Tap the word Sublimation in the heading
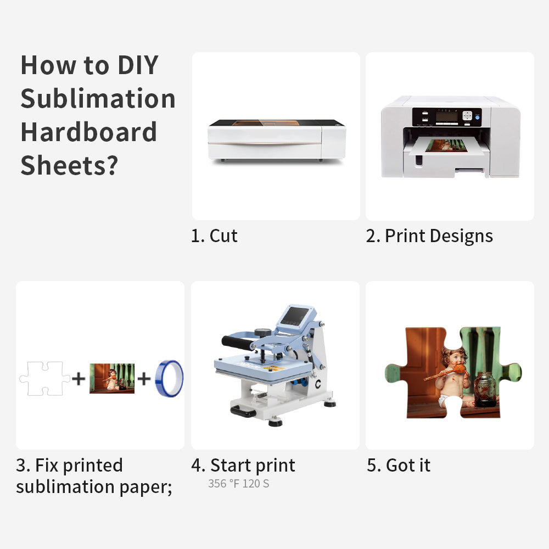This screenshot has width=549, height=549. [98, 99]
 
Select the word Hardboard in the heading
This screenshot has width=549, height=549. [88, 132]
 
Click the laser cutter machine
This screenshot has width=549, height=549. [276, 140]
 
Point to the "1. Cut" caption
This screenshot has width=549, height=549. [214, 236]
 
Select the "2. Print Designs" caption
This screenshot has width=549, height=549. [429, 236]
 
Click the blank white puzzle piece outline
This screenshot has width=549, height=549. [44, 378]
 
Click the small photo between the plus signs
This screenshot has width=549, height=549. [112, 378]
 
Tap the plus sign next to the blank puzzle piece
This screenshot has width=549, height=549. [79, 378]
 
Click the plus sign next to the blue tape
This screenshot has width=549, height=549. [144, 378]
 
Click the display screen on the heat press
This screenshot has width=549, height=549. [295, 317]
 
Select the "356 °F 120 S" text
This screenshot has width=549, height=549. [238, 484]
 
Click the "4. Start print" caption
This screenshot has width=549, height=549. [243, 466]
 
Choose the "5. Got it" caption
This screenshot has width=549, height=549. [399, 466]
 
